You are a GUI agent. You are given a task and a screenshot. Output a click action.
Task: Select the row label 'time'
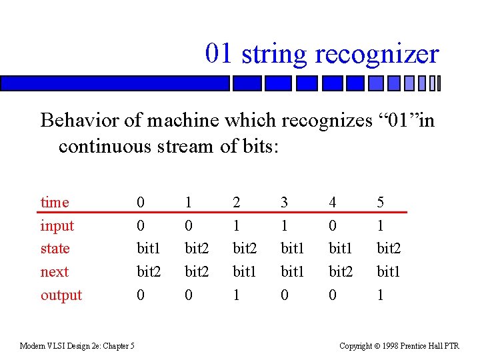[55, 202]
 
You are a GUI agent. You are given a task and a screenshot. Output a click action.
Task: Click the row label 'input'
[57, 225]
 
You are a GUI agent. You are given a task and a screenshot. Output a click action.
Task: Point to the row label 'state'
[55, 249]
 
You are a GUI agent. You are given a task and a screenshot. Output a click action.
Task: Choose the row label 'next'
[55, 272]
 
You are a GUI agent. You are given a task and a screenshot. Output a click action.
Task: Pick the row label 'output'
[61, 295]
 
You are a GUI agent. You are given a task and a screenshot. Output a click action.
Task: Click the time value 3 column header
[285, 202]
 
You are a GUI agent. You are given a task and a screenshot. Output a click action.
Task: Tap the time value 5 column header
[381, 202]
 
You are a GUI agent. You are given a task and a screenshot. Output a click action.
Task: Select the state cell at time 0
[147, 249]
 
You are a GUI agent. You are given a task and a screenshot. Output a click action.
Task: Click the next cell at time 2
[243, 272]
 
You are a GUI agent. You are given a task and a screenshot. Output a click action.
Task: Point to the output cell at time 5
[381, 295]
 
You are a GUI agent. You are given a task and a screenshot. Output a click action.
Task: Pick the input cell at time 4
[333, 225]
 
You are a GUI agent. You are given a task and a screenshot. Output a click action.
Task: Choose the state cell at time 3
[291, 249]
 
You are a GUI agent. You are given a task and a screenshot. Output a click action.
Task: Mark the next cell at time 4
[340, 272]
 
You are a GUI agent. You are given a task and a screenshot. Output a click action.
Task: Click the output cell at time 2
[237, 295]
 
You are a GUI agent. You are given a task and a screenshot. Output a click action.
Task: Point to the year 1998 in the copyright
[393, 345]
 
